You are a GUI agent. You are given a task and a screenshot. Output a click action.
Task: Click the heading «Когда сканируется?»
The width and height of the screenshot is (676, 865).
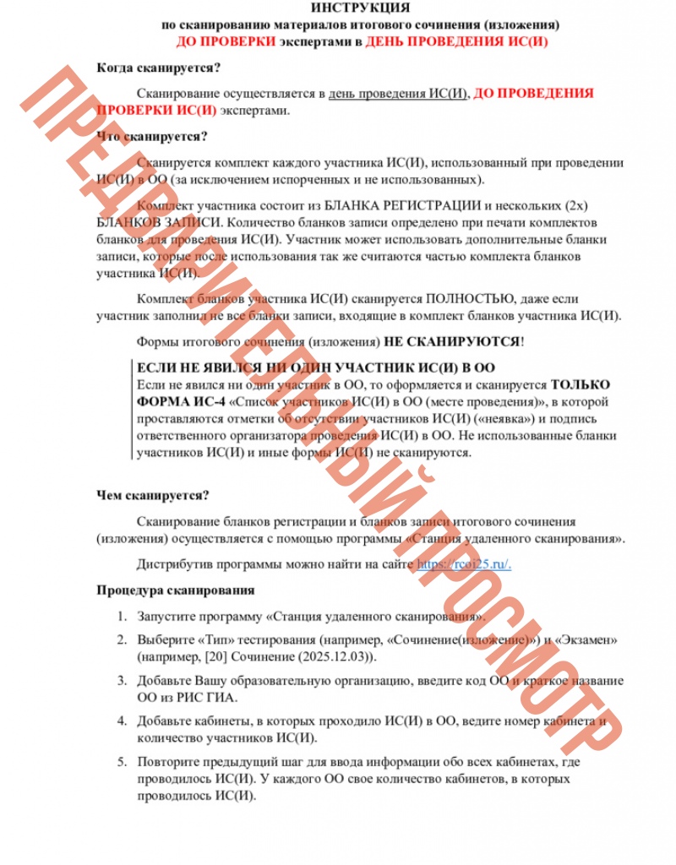click(159, 68)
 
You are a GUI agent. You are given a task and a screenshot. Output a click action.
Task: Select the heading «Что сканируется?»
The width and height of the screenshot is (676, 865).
click(152, 136)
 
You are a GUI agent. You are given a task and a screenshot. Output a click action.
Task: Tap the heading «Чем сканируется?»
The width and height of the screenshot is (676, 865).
click(153, 495)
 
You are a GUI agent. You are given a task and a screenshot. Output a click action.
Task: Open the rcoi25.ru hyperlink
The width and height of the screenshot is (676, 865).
click(464, 564)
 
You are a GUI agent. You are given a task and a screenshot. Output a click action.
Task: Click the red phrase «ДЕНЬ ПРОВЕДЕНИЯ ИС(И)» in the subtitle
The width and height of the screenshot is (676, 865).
click(456, 41)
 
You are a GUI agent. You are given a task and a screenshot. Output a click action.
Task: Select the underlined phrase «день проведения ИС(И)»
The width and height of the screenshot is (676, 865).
click(398, 94)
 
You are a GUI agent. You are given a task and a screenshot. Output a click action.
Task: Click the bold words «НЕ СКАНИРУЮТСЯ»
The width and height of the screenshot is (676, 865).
click(452, 342)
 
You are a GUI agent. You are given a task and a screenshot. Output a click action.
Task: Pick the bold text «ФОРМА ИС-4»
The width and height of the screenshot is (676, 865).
click(173, 401)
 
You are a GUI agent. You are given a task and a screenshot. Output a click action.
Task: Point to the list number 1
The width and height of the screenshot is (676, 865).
click(122, 617)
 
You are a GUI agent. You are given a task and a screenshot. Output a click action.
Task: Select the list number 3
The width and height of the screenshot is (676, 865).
click(122, 680)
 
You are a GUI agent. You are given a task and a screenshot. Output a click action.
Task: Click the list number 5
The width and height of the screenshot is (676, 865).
click(122, 763)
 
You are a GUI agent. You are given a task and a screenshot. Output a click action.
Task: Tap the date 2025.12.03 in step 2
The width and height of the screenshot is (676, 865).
click(334, 656)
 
